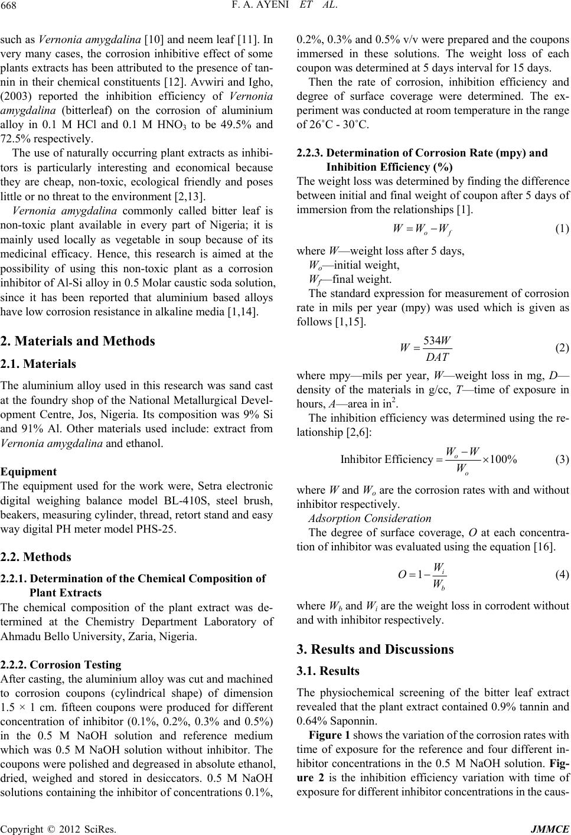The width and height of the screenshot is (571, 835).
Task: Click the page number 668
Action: pyautogui.click(x=9, y=8)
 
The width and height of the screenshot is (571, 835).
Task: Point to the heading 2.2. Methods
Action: pyautogui.click(x=36, y=557)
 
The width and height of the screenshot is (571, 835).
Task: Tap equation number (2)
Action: pyautogui.click(x=562, y=347)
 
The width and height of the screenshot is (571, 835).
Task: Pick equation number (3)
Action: pyautogui.click(x=562, y=459)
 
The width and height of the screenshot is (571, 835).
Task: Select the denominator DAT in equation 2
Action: pyautogui.click(x=438, y=357)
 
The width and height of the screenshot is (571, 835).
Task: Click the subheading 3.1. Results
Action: pyautogui.click(x=328, y=671)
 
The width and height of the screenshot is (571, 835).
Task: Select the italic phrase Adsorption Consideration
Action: pyautogui.click(x=370, y=518)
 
